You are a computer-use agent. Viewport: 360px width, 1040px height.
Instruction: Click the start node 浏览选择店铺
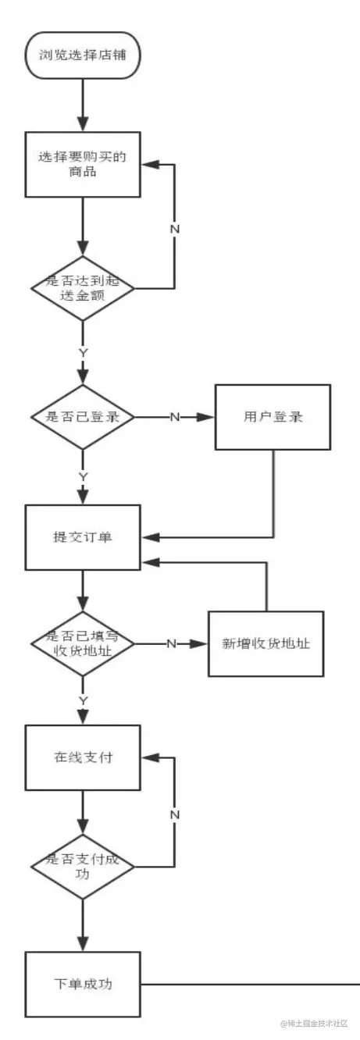[83, 55]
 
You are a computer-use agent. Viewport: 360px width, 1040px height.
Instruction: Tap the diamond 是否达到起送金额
[83, 288]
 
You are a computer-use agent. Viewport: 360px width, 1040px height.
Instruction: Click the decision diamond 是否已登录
[83, 417]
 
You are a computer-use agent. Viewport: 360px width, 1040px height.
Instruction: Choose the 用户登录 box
[273, 417]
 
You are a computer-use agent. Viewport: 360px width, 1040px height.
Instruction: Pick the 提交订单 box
[83, 537]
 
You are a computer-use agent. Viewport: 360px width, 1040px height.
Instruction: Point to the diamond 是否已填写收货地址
[83, 644]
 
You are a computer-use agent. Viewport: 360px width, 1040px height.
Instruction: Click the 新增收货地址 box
[266, 644]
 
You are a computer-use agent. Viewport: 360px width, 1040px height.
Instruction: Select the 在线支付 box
[83, 757]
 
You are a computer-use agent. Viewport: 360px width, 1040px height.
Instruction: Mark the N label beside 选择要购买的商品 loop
[175, 230]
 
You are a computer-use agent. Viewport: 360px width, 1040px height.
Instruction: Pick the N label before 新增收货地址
[170, 644]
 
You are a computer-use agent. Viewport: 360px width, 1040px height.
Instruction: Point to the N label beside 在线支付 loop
[175, 814]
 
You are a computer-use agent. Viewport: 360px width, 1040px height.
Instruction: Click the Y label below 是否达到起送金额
[83, 353]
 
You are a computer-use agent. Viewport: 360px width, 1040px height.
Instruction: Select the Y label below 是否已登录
[83, 476]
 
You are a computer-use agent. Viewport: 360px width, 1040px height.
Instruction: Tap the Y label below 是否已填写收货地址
[83, 700]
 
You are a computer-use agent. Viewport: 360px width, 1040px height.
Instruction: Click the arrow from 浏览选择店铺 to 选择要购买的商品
[83, 102]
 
